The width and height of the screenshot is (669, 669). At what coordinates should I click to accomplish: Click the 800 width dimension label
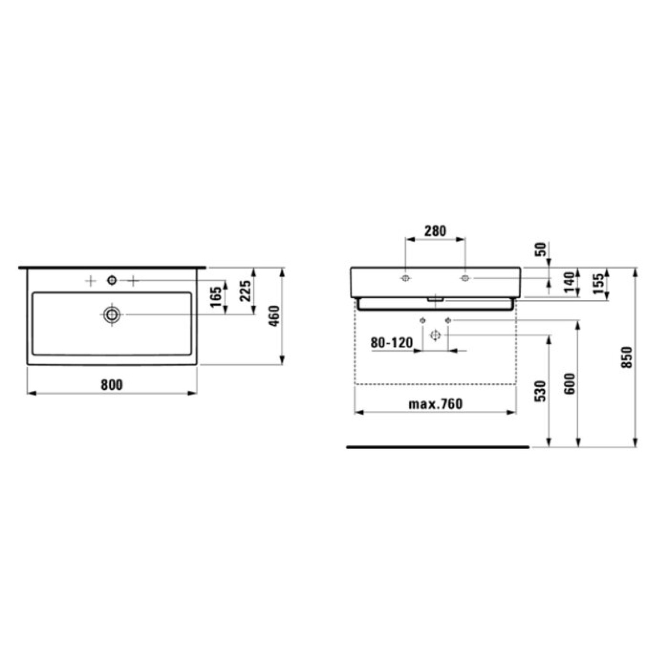point(112,385)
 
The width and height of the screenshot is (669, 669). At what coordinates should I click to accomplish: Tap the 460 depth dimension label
point(274,317)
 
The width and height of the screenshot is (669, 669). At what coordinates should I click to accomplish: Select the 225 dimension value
point(246,291)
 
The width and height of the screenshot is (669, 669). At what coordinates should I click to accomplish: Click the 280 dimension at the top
point(435,231)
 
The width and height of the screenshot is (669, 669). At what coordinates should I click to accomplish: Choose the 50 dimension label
point(540,249)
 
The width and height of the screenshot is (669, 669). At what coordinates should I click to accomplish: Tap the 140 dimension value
point(568,283)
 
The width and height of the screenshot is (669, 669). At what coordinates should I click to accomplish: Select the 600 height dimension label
point(569,384)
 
